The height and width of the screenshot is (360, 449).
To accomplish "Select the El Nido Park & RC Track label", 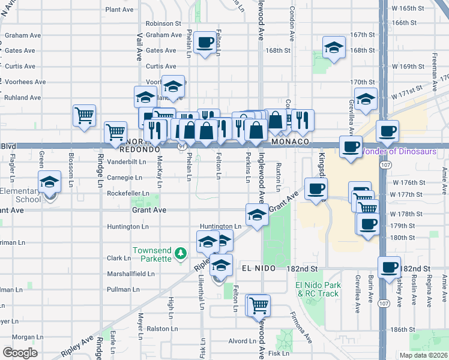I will click(318, 289).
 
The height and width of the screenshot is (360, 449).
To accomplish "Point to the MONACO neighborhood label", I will click(289, 142).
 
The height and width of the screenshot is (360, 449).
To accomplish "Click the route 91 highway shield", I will click(181, 146).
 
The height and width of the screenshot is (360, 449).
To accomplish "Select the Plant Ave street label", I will click(119, 10).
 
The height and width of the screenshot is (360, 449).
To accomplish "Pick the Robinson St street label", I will click(163, 23).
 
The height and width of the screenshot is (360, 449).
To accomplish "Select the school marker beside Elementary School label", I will click(50, 182).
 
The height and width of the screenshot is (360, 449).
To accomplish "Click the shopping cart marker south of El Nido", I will click(259, 305).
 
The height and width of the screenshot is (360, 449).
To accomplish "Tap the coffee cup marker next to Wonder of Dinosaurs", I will click(351, 146).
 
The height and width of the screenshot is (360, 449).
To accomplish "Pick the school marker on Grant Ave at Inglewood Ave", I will click(256, 215).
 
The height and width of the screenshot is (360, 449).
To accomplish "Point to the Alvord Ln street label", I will click(242, 341).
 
